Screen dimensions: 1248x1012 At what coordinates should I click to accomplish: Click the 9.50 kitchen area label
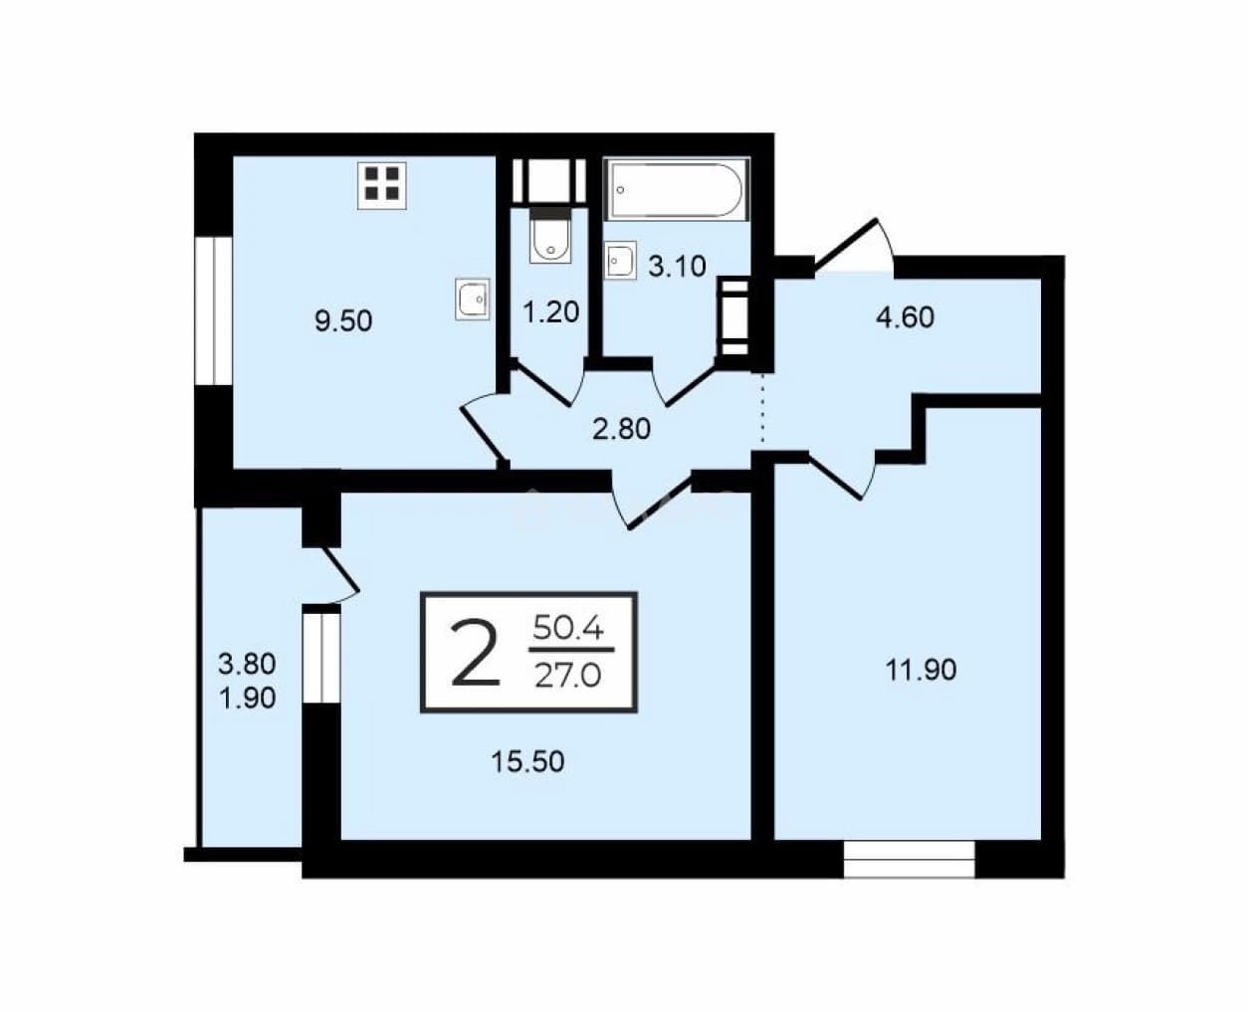(x=343, y=321)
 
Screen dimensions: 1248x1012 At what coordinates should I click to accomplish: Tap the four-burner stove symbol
(x=382, y=185)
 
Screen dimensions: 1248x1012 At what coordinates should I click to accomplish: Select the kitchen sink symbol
(x=473, y=299)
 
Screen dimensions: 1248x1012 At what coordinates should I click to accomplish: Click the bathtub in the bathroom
(x=677, y=190)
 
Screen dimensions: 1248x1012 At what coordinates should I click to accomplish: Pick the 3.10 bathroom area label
(x=677, y=267)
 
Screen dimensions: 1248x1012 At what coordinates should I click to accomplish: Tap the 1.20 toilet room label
(x=550, y=312)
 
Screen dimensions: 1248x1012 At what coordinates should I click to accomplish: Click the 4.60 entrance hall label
(x=905, y=317)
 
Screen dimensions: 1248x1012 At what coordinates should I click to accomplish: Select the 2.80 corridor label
(x=622, y=429)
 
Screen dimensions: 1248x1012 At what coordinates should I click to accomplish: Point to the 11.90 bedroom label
(x=921, y=670)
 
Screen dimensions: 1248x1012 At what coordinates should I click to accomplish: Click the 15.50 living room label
(x=527, y=762)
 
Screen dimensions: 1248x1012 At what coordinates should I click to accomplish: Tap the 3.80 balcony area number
(x=247, y=664)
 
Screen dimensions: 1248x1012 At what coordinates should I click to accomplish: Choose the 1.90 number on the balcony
(x=247, y=699)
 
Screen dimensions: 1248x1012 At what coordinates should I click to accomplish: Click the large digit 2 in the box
(x=475, y=654)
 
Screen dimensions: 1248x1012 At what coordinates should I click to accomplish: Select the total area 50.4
(x=567, y=629)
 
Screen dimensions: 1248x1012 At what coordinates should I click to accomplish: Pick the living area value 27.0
(x=567, y=677)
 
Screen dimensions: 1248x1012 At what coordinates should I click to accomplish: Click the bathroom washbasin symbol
(x=620, y=260)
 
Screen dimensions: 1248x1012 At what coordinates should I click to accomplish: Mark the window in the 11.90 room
(x=910, y=859)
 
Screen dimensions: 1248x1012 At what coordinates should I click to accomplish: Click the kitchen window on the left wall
(x=214, y=310)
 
